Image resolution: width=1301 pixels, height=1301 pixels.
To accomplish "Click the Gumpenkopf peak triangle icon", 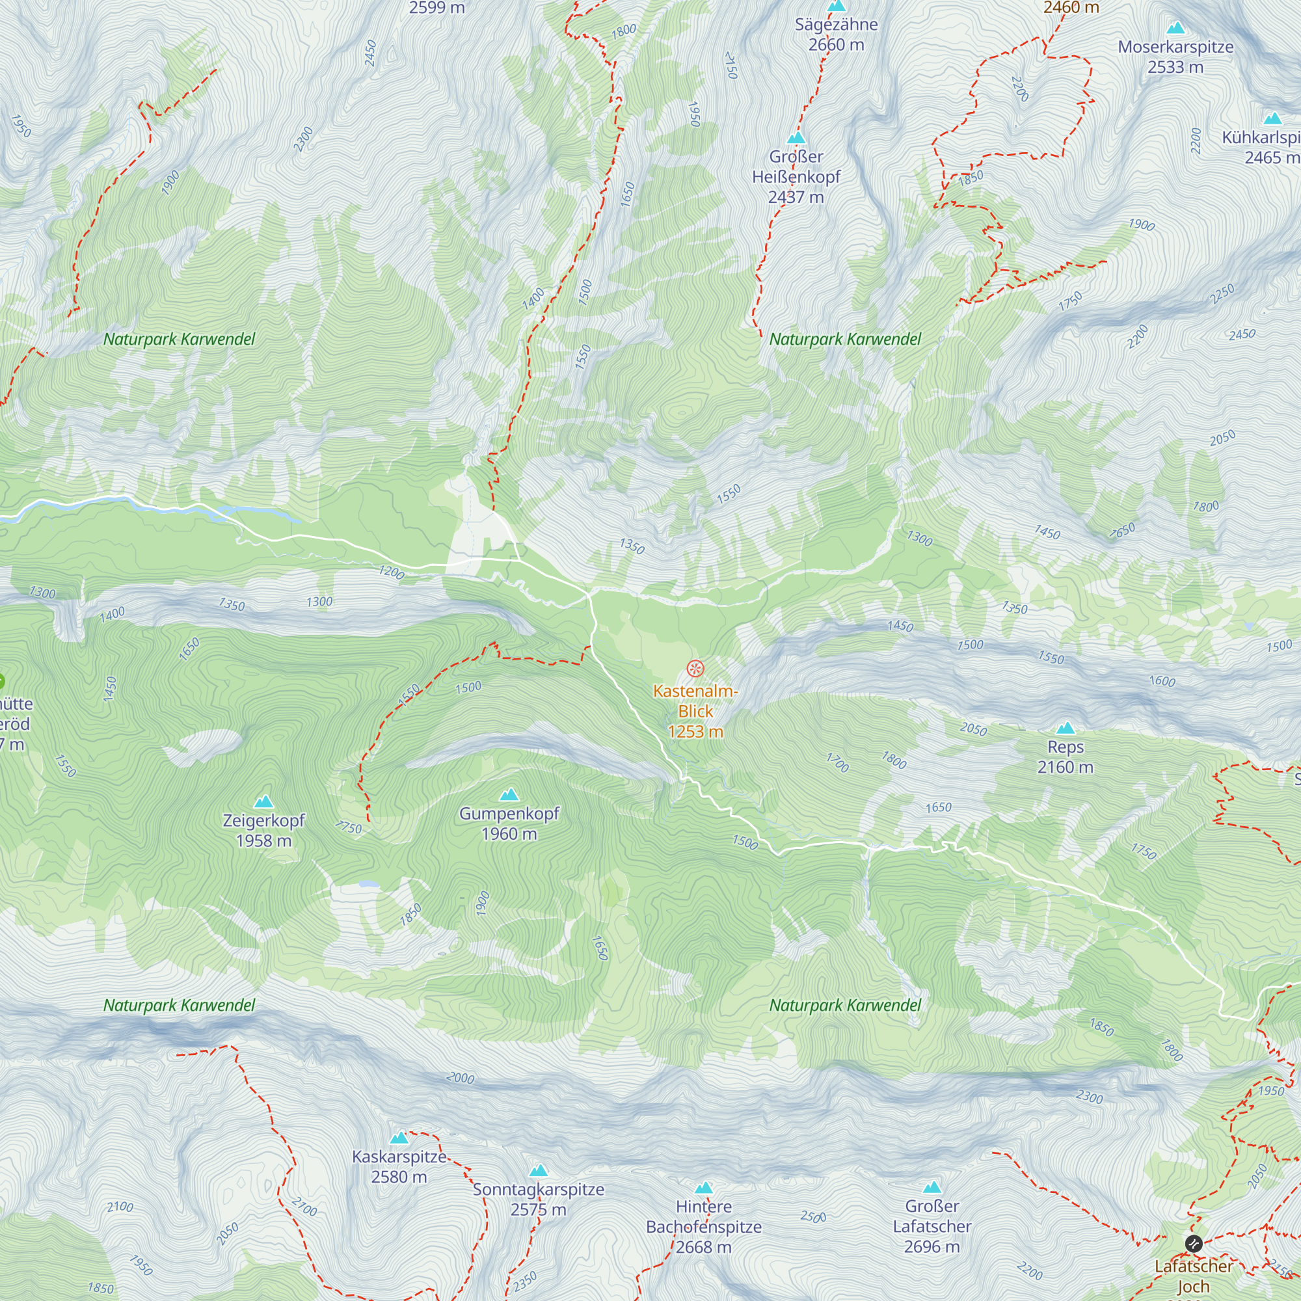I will [509, 795].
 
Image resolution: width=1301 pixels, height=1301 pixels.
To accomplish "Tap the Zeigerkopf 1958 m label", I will [263, 830].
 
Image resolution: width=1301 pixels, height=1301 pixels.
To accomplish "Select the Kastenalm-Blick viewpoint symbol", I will [695, 669].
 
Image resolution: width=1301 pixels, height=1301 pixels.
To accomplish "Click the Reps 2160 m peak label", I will [1065, 757].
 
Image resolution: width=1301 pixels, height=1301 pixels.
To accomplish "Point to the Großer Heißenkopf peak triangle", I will [796, 138].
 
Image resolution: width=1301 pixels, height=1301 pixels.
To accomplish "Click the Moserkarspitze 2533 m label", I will [1175, 57].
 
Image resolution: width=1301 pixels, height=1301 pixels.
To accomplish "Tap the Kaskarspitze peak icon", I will [399, 1138].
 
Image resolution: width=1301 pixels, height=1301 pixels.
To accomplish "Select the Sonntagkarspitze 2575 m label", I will [538, 1200].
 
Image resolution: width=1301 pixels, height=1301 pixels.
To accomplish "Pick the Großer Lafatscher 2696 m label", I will [932, 1226].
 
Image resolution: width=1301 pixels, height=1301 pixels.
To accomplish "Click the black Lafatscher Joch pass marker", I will [1193, 1243].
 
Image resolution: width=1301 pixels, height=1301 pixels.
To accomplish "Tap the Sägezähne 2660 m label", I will [836, 34].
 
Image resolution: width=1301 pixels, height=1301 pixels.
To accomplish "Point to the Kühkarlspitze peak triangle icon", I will [1272, 119].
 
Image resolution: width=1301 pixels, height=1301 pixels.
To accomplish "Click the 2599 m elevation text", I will [436, 8].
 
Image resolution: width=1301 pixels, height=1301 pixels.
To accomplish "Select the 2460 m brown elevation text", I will [1071, 7].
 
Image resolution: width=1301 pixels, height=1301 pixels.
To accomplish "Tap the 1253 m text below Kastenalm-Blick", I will [695, 731].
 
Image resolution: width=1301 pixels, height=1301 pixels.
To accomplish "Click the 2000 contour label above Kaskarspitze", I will [461, 1078].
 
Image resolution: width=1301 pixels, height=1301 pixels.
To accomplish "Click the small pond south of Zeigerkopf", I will [368, 884].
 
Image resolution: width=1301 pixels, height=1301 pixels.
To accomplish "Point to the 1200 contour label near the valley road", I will [391, 573].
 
